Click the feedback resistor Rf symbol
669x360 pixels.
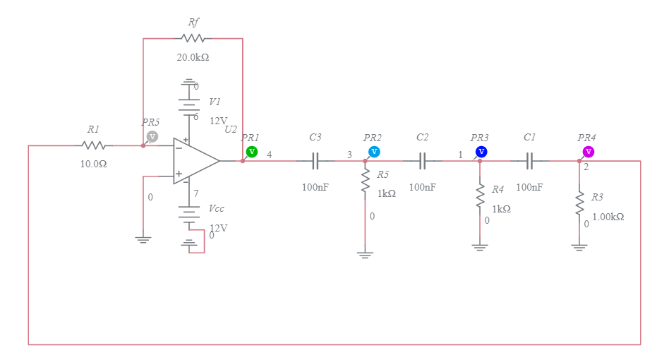[193, 38]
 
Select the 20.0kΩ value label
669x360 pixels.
[193, 57]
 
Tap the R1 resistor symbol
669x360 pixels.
[93, 145]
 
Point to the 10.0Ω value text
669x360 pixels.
[93, 164]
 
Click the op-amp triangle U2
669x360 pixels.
[195, 161]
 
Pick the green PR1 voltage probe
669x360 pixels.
[252, 152]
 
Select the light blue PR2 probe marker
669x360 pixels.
[374, 152]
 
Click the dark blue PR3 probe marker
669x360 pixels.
[481, 152]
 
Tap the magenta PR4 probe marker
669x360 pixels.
[588, 152]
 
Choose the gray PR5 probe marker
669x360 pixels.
[152, 137]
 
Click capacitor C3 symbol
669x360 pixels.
[315, 161]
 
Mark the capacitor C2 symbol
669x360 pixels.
[422, 161]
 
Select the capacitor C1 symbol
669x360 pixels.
[529, 161]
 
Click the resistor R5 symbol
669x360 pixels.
[365, 182]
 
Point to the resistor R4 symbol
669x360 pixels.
[480, 196]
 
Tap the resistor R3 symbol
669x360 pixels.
[579, 202]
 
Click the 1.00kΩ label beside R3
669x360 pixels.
[608, 217]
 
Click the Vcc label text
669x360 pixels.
[217, 210]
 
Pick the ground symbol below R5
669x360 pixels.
[365, 253]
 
